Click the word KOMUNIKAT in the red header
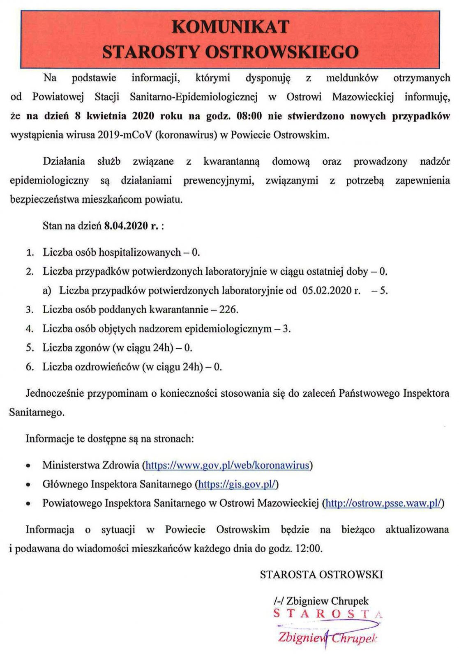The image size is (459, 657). [231, 27]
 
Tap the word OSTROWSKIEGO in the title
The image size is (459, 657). [281, 52]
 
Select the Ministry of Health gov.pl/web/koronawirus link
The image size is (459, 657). [227, 465]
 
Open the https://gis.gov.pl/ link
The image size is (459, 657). [237, 484]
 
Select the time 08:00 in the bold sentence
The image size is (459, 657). [249, 116]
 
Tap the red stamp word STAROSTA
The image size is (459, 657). [328, 614]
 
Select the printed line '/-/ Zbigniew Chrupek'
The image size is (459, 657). [321, 601]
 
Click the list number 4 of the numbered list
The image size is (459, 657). [30, 329]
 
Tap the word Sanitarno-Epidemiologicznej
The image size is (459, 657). [194, 97]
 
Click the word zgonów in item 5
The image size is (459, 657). [93, 348]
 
